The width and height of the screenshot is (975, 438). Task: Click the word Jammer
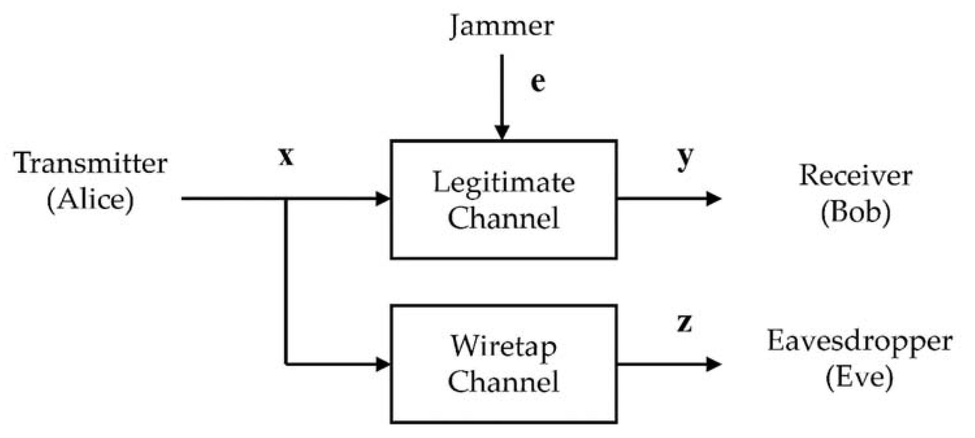click(x=502, y=27)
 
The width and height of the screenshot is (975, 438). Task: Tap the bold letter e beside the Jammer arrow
click(x=538, y=82)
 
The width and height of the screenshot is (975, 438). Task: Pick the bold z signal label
click(x=684, y=323)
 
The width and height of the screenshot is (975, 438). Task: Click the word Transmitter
click(x=91, y=164)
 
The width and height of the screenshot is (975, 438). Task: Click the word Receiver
click(x=855, y=176)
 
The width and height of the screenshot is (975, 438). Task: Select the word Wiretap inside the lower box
click(x=503, y=346)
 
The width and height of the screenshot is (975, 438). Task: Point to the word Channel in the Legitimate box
click(x=503, y=218)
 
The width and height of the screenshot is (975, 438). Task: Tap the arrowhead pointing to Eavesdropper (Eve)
click(x=713, y=364)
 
